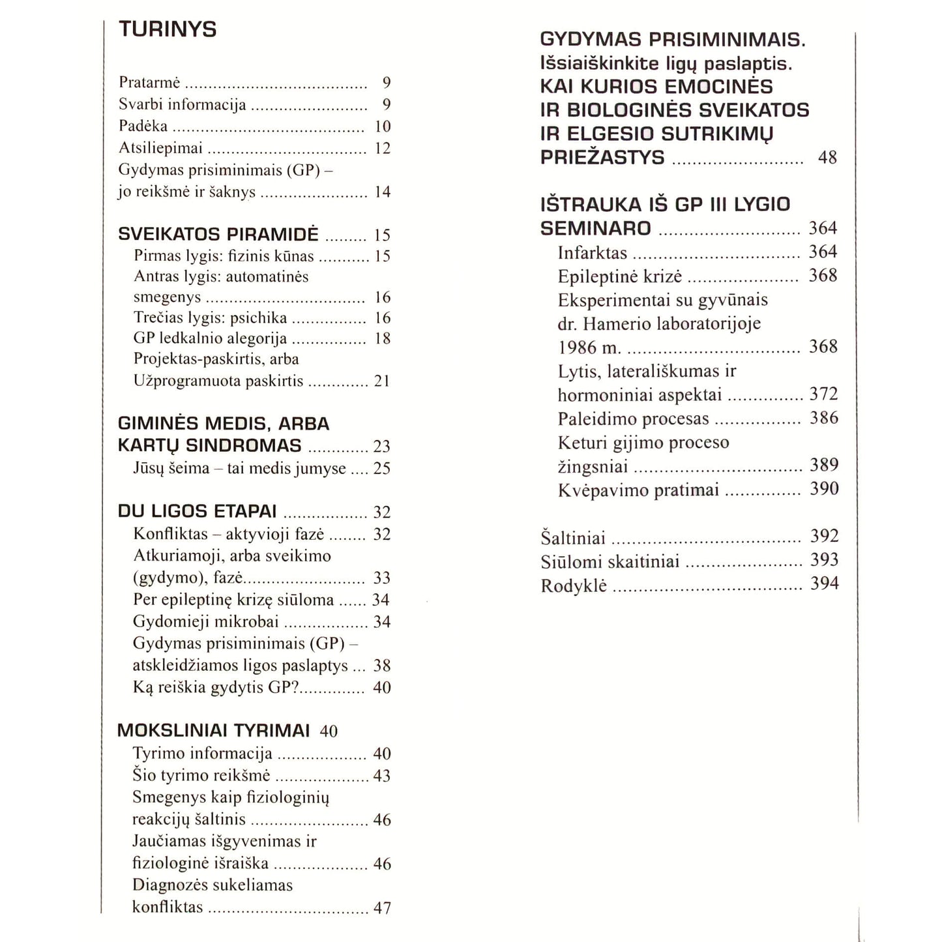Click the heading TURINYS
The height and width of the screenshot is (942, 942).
[167, 29]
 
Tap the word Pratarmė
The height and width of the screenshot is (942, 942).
[149, 83]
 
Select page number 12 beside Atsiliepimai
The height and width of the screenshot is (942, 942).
[382, 149]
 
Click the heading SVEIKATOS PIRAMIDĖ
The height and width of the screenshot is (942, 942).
[218, 234]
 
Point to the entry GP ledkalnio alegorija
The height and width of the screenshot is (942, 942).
[210, 338]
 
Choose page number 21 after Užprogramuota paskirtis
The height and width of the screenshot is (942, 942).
[382, 381]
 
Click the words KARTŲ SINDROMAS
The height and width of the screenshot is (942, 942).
[209, 446]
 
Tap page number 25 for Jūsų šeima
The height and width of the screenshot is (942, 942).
[382, 469]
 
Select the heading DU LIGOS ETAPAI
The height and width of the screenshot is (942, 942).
[197, 511]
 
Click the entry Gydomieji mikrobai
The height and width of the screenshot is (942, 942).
[205, 622]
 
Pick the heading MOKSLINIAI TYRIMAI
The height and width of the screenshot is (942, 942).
[213, 731]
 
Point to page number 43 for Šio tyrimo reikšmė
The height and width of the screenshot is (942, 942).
[382, 776]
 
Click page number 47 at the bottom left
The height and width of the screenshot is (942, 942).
[382, 907]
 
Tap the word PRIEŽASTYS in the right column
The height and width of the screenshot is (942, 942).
[602, 158]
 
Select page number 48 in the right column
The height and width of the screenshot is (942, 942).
[827, 158]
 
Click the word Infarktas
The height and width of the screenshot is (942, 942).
[592, 253]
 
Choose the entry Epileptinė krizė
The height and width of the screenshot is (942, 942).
[619, 276]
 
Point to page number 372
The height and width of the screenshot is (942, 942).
[823, 394]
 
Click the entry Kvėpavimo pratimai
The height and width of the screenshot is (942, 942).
[638, 490]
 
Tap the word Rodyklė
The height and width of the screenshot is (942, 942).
[574, 585]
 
